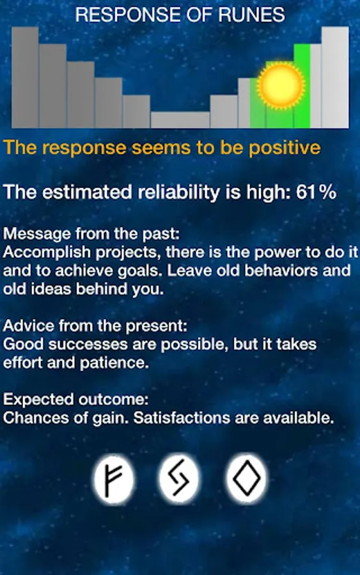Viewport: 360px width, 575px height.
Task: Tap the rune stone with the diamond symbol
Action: click(x=246, y=479)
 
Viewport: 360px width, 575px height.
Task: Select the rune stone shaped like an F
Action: click(x=114, y=479)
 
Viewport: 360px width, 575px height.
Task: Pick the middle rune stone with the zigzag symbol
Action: click(x=180, y=479)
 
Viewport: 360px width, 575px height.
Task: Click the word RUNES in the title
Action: click(x=251, y=15)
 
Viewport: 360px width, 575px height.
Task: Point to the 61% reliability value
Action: click(x=316, y=192)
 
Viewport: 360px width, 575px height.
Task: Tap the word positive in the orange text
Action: click(x=285, y=148)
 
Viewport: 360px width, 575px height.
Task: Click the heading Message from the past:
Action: click(x=91, y=234)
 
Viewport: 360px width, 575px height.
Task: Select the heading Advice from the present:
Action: click(x=95, y=326)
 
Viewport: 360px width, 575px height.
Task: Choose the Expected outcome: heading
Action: click(x=76, y=399)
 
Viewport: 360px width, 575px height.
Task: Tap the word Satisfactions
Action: click(x=182, y=418)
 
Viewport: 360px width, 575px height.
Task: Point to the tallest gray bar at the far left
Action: click(x=25, y=77)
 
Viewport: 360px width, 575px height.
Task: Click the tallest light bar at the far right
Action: click(x=335, y=77)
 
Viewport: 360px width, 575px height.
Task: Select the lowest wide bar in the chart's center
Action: click(x=180, y=120)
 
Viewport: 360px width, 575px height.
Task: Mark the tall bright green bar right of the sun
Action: click(x=302, y=86)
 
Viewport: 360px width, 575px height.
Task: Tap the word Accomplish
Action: click(x=47, y=252)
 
